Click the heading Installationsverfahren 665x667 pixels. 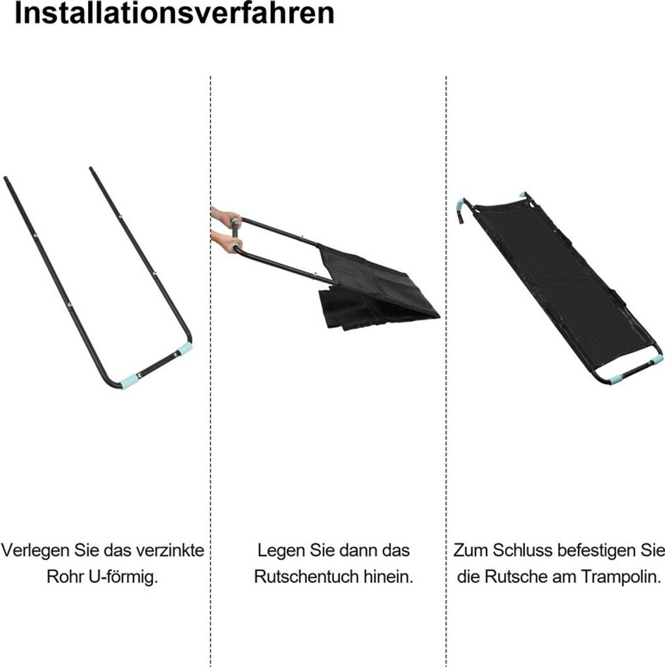[175, 13]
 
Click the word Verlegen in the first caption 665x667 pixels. [36, 550]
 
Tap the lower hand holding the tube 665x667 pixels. [227, 242]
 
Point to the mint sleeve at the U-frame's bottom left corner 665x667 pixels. [128, 381]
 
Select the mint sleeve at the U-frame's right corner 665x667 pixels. [186, 349]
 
